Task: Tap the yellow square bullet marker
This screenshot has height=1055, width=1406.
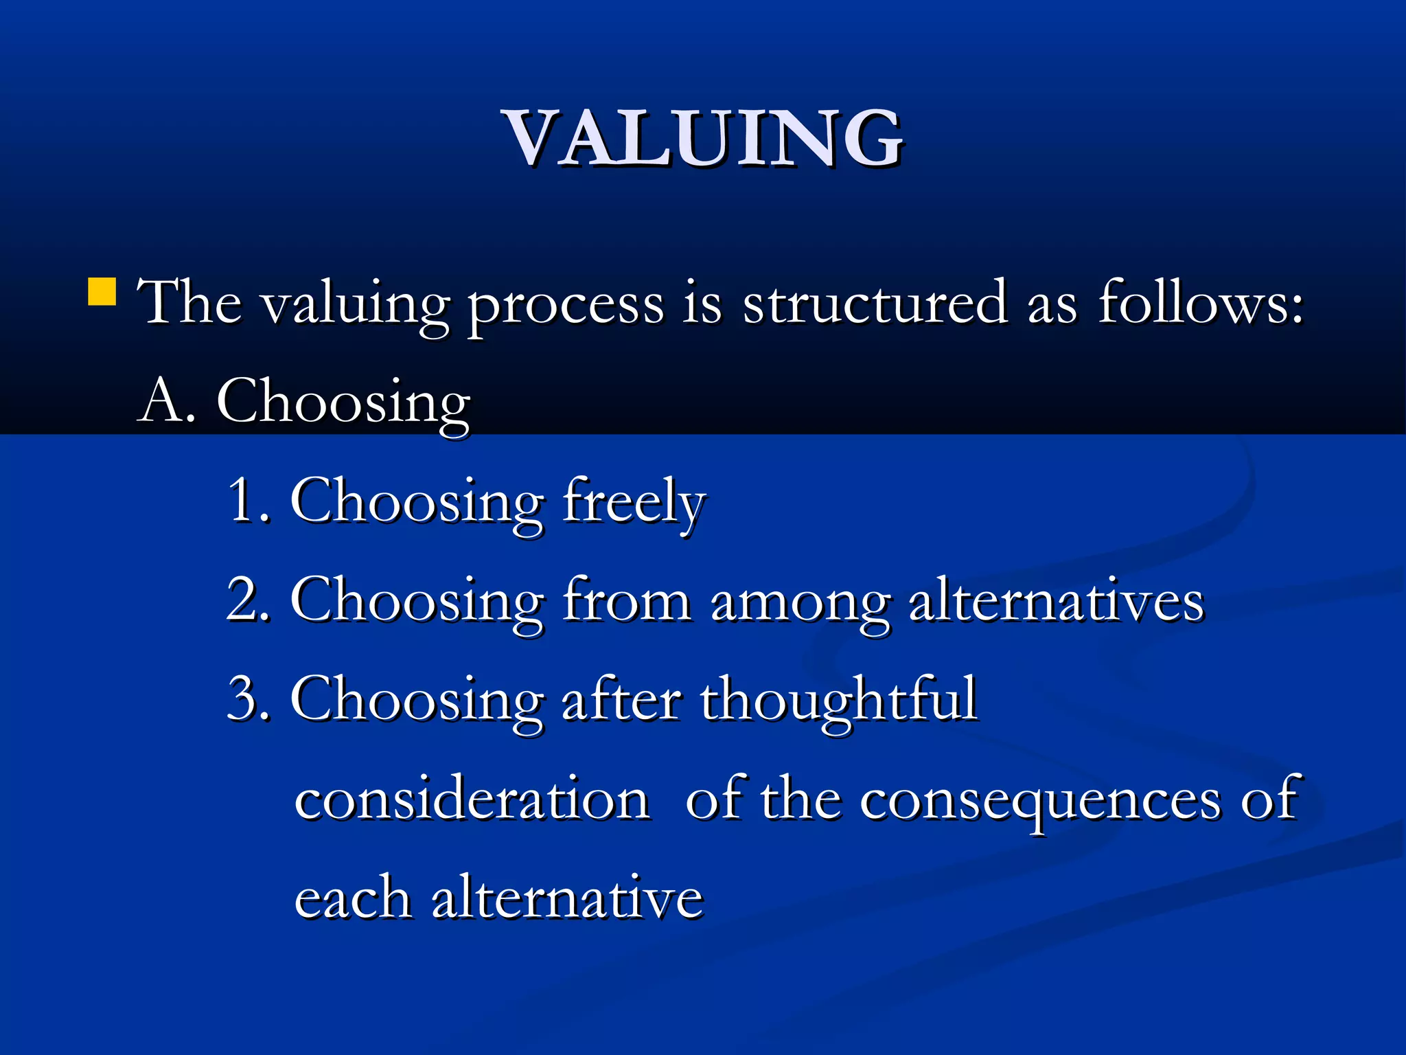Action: coord(102,291)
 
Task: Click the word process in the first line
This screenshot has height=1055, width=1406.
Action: coord(566,305)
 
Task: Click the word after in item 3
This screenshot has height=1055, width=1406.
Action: coord(621,699)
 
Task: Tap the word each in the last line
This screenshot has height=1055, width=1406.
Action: coord(352,898)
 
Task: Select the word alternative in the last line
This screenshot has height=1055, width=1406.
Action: coord(567,898)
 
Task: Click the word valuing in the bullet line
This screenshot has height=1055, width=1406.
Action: coord(356,305)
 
